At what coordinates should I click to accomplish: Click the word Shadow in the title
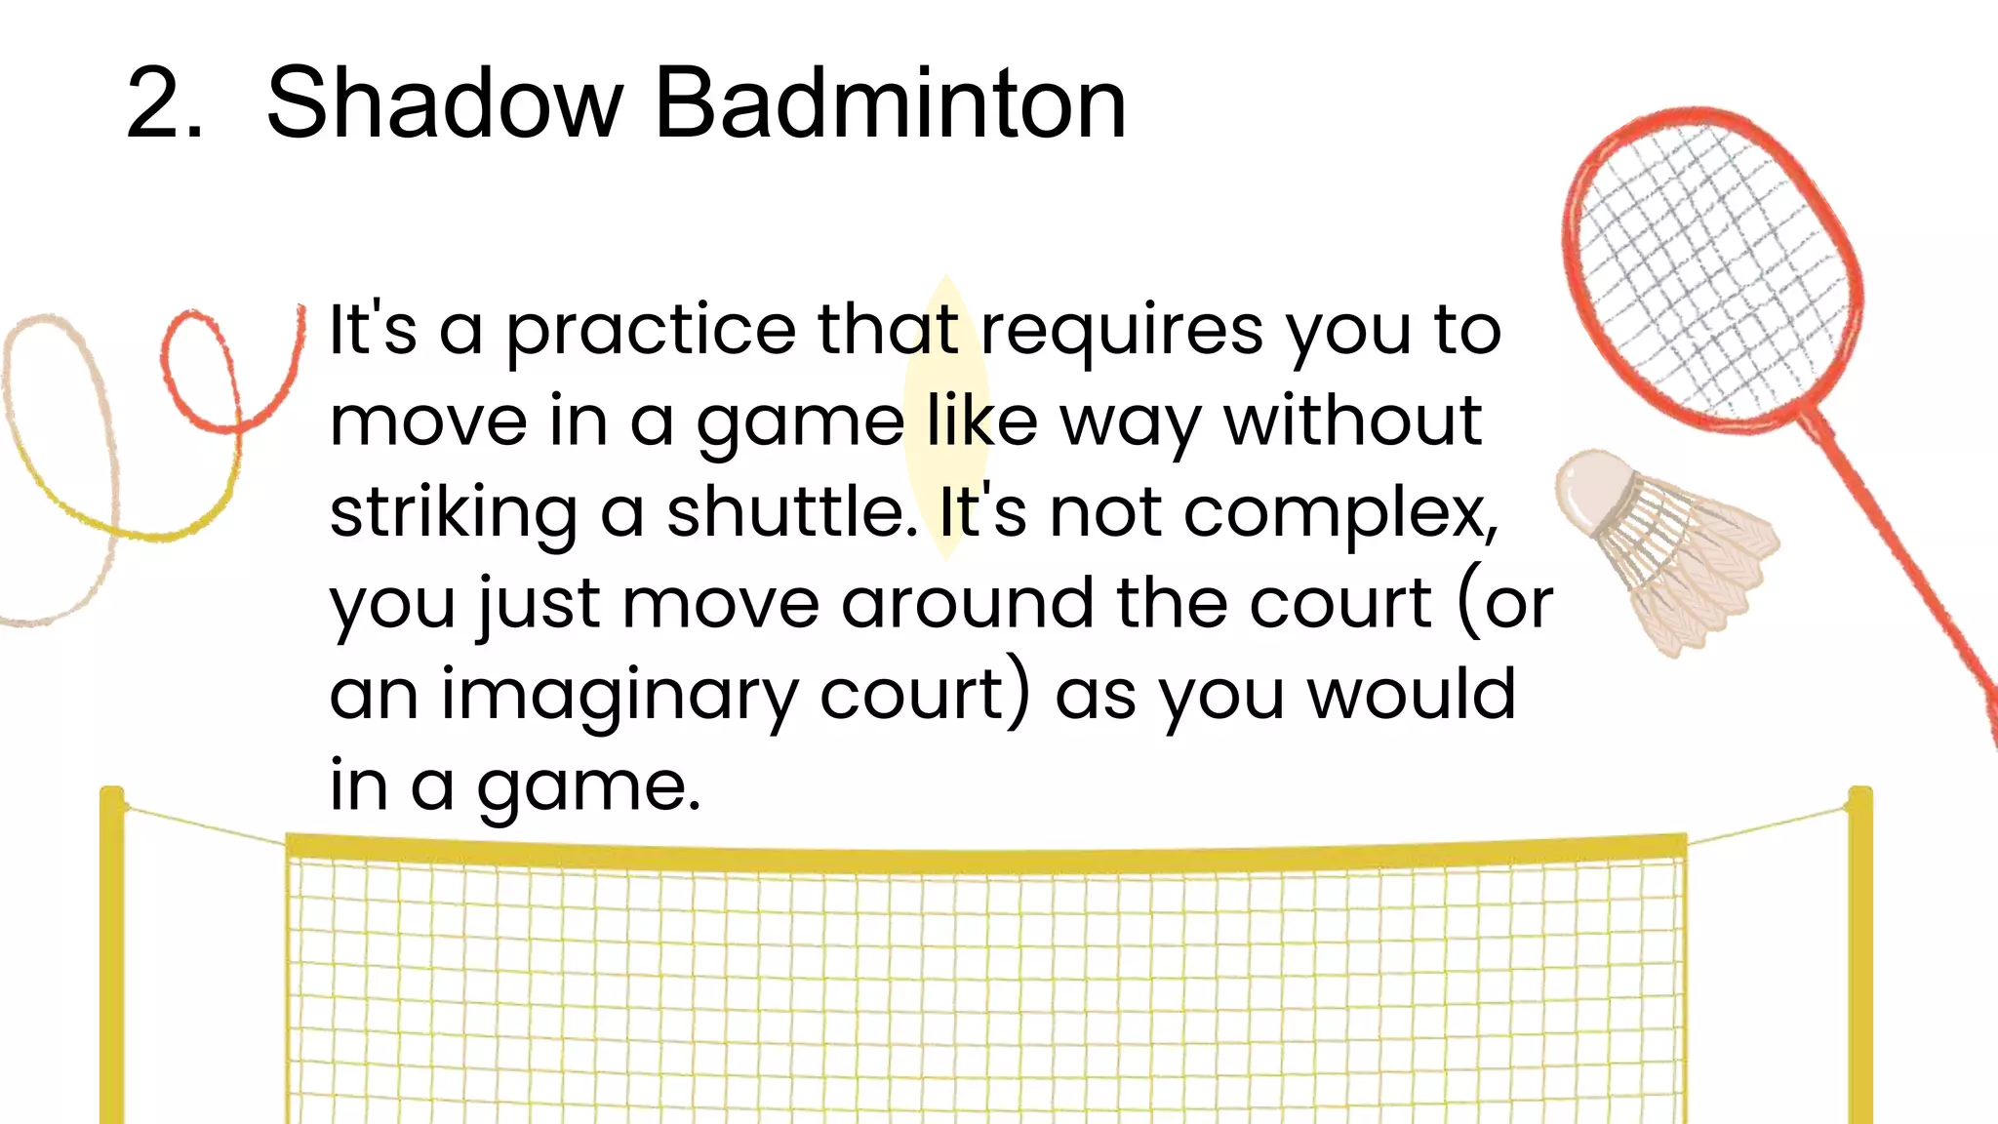[444, 102]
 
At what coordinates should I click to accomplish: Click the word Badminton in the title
[890, 102]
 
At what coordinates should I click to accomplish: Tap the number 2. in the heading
[164, 104]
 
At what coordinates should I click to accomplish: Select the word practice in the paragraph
[650, 331]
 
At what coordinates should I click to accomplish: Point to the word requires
[1121, 331]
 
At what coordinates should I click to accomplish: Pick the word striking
[453, 513]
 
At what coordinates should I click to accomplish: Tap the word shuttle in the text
[791, 511]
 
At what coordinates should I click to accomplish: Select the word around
[967, 603]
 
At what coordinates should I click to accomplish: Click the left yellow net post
[112, 956]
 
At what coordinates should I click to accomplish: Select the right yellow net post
[1859, 956]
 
